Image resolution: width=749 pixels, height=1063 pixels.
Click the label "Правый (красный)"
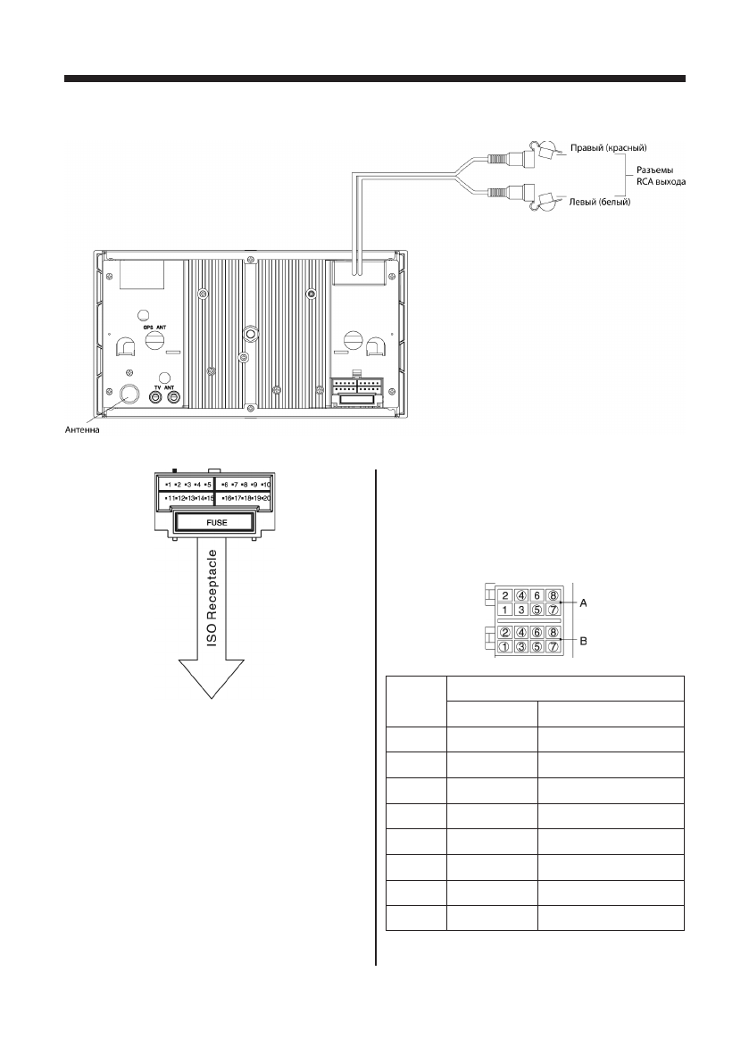(608, 146)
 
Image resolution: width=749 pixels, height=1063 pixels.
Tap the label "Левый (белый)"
(600, 203)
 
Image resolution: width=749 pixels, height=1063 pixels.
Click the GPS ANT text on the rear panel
(155, 328)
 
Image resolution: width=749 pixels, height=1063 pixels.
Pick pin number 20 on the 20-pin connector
(266, 497)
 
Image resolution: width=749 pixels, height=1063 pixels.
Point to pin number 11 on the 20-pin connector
(169, 497)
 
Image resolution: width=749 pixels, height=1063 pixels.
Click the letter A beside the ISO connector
(583, 603)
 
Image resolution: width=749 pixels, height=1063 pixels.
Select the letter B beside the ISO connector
(583, 640)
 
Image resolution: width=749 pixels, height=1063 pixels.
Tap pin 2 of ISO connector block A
(504, 595)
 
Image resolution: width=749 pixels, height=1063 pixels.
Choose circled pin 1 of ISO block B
(504, 647)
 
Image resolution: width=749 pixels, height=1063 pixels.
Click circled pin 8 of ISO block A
(553, 595)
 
